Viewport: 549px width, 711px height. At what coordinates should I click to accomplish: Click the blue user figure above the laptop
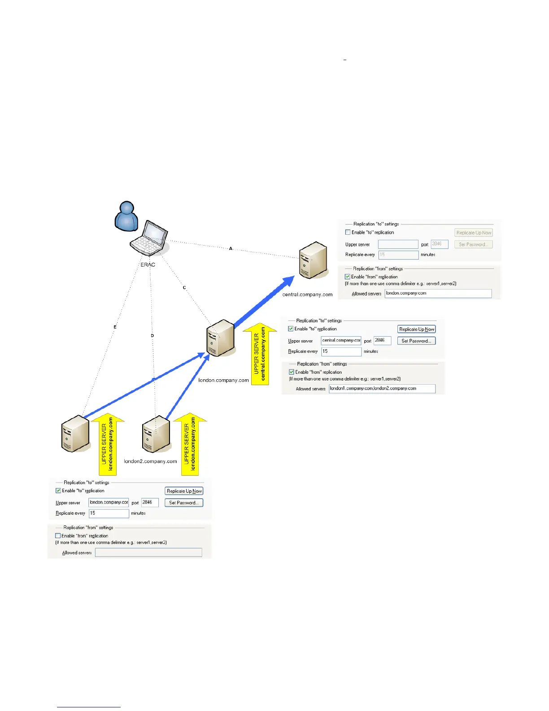126,216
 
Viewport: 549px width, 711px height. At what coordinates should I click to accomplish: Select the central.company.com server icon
313,260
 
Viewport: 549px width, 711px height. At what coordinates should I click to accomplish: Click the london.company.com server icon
220,338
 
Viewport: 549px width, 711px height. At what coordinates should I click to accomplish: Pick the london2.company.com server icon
156,434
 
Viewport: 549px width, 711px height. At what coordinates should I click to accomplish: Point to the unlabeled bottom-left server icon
75,434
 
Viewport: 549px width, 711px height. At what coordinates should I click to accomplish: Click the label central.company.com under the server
307,295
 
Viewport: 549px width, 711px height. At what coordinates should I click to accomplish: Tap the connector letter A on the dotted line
231,248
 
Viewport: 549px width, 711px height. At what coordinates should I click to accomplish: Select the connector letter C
184,288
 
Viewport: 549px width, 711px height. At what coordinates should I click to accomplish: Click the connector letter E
115,327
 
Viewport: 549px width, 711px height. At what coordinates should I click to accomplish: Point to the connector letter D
152,336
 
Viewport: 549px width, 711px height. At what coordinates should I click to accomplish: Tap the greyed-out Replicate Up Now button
474,233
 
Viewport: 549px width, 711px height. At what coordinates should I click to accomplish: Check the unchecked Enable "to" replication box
348,233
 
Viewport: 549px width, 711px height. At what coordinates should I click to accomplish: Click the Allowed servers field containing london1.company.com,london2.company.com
382,389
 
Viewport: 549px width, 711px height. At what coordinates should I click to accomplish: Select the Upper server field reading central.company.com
341,341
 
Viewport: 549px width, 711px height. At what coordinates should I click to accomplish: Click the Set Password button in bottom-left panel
184,503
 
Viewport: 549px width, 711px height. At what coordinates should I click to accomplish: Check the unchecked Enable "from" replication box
58,536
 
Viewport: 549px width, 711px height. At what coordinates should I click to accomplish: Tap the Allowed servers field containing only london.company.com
438,294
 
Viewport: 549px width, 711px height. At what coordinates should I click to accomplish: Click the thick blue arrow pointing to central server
265,301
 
